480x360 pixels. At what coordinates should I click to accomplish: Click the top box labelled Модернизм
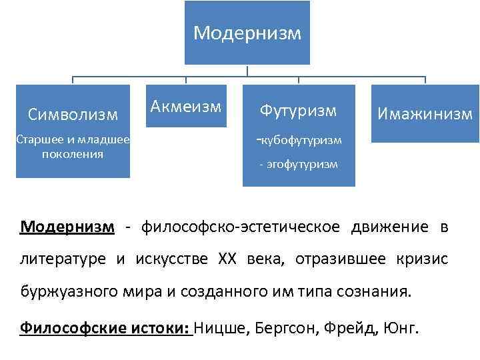[247, 33]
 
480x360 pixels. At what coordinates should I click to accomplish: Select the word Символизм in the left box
[73, 115]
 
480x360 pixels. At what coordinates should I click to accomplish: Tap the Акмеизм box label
[185, 105]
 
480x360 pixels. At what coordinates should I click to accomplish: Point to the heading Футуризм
[299, 110]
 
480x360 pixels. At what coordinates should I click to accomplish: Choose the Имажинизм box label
[425, 114]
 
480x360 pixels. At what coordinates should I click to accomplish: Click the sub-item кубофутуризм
[301, 140]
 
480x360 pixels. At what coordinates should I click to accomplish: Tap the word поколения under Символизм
[73, 154]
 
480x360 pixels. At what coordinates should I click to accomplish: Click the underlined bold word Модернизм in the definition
[67, 227]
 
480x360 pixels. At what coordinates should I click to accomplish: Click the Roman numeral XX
[227, 259]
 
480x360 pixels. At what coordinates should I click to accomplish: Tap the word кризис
[423, 259]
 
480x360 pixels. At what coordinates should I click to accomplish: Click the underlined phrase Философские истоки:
[106, 327]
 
